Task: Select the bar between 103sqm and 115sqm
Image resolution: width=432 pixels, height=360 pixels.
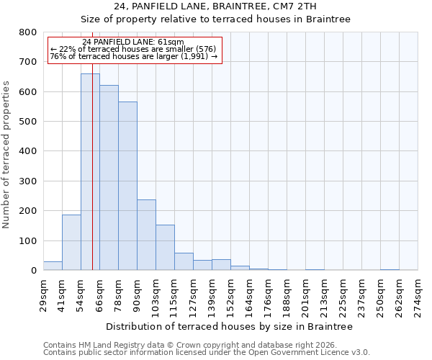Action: (x=165, y=248)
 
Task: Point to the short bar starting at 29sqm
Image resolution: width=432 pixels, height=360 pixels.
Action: (x=53, y=266)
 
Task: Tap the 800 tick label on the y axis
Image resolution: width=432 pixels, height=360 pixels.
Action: (x=28, y=32)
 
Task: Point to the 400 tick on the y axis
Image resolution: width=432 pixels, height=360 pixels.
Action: (x=28, y=151)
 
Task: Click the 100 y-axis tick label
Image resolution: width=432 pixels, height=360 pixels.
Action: (x=28, y=240)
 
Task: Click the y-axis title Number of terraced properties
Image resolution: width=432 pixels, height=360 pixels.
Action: (x=7, y=154)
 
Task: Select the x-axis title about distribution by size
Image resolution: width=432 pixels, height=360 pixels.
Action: (x=229, y=326)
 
